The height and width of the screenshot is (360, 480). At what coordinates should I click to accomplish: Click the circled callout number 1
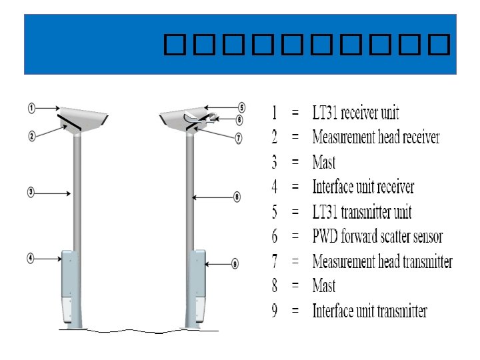pos(32,107)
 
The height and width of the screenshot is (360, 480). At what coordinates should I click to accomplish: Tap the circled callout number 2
pos(32,136)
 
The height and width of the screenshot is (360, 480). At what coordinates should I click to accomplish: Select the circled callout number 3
pos(31,192)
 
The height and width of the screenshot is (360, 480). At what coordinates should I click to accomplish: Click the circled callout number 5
pos(241,107)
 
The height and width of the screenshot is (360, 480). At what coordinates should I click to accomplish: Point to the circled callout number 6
pos(240,120)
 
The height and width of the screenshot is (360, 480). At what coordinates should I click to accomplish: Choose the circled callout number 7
pos(238,139)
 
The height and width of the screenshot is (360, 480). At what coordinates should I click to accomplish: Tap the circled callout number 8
pos(237,197)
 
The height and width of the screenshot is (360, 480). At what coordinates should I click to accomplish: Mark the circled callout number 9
pos(235,264)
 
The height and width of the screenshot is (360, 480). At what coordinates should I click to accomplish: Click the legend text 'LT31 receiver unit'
pos(356,113)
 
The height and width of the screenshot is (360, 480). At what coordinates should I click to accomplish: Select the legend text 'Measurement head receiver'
pos(376,137)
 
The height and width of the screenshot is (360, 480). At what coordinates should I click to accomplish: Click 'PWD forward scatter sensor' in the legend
pos(377,236)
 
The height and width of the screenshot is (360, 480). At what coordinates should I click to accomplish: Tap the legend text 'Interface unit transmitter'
pos(369,311)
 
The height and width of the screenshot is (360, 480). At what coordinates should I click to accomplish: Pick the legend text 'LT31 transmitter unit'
pos(362,212)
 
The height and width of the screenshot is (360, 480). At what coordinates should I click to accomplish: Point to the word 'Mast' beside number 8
pos(324,286)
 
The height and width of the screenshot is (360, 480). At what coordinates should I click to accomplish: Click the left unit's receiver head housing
pos(86,118)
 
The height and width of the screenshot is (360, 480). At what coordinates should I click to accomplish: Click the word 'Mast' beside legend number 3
pos(324,162)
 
